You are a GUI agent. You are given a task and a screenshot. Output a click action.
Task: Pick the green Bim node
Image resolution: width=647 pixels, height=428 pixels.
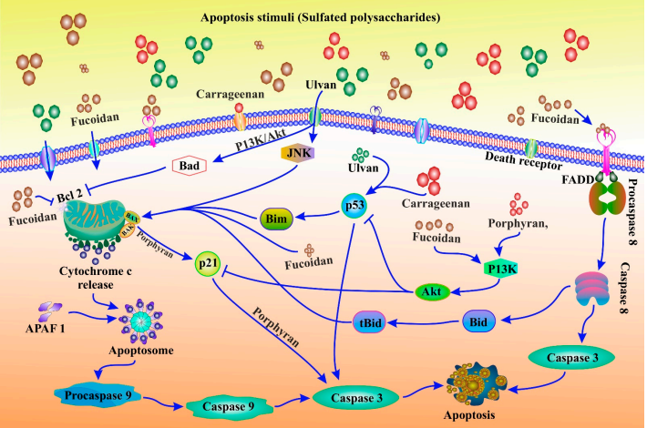pyautogui.click(x=275, y=219)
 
